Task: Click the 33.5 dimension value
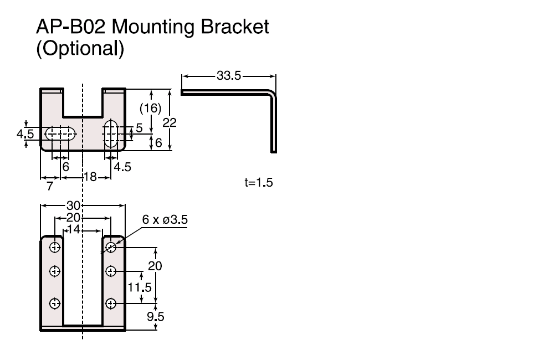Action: pyautogui.click(x=229, y=76)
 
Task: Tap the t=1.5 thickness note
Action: pyautogui.click(x=259, y=183)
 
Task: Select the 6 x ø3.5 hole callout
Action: pyautogui.click(x=165, y=220)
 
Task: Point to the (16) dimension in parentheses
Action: pyautogui.click(x=150, y=108)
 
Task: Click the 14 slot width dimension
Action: pyautogui.click(x=73, y=229)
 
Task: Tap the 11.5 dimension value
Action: pyautogui.click(x=140, y=288)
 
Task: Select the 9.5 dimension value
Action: pyautogui.click(x=155, y=317)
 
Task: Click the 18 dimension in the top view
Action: pyautogui.click(x=89, y=177)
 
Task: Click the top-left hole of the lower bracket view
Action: pyautogui.click(x=55, y=247)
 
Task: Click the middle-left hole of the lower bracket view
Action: pyautogui.click(x=55, y=271)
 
